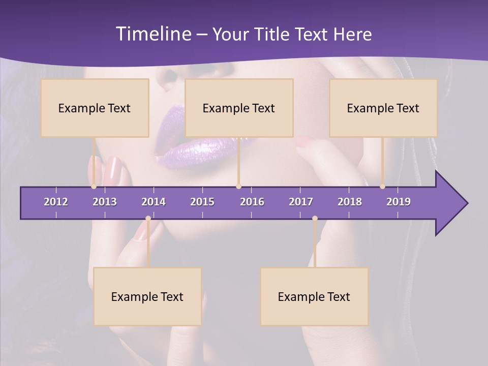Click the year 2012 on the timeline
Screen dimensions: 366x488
(56, 202)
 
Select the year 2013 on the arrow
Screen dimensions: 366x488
(105, 202)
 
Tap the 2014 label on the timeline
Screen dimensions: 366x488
(154, 202)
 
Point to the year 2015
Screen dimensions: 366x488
(202, 202)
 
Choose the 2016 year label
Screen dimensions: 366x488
(252, 202)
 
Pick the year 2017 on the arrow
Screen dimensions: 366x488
(301, 202)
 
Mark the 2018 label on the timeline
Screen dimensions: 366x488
(350, 202)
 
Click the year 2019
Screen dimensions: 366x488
(399, 202)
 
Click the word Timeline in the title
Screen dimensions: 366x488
(152, 34)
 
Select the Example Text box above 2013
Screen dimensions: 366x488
(95, 108)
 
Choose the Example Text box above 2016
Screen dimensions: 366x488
(239, 108)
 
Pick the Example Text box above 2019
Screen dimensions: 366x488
(383, 108)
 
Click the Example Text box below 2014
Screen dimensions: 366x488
(147, 296)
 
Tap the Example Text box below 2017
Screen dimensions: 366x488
(314, 296)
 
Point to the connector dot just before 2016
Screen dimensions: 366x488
(238, 187)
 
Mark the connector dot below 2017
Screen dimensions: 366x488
(315, 219)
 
